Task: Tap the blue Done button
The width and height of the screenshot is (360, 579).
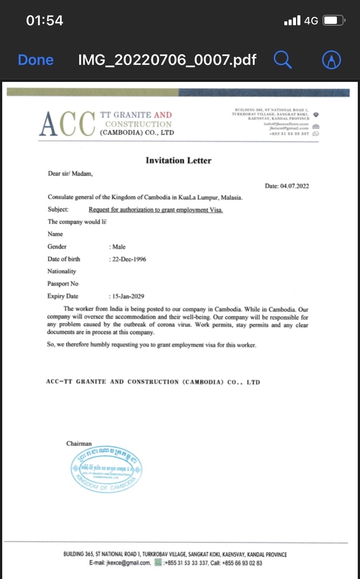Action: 35,60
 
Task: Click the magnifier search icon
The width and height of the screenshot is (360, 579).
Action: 282,60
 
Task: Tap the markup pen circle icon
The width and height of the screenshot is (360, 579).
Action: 332,60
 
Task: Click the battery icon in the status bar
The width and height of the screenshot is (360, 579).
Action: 333,21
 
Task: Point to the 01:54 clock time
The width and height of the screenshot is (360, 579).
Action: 44,21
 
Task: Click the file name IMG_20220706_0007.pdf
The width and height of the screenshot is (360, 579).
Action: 167,60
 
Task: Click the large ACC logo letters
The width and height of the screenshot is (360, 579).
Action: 67,124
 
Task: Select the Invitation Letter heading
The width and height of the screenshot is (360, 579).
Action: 178,160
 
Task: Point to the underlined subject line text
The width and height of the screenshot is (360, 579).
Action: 156,210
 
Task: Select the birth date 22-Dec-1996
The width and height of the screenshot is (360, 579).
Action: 128,259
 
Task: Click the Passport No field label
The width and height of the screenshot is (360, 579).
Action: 63,284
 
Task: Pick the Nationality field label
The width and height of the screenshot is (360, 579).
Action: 62,272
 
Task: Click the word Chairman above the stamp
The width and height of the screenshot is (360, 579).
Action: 79,443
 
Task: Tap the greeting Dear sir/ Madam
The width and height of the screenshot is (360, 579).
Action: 70,173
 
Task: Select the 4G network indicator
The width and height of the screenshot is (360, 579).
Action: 311,21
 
